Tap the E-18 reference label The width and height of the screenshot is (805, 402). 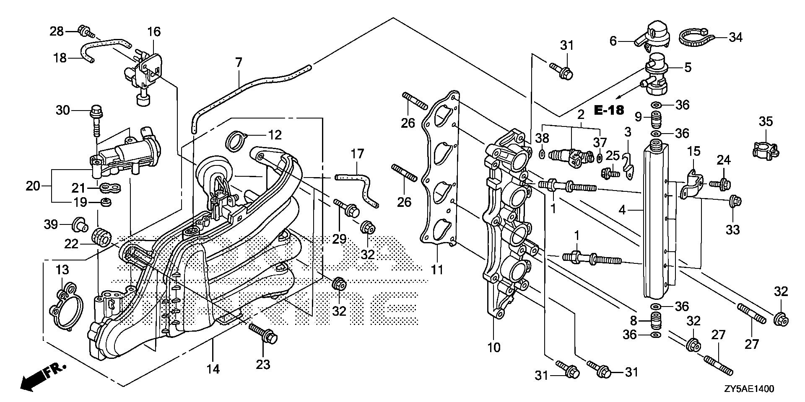click(x=609, y=111)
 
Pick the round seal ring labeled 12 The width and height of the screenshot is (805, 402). click(x=236, y=140)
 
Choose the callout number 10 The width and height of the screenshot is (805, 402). click(x=494, y=348)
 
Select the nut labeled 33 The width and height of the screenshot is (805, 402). click(x=735, y=202)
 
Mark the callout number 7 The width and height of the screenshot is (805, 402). click(x=239, y=64)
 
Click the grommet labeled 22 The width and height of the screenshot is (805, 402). click(x=101, y=237)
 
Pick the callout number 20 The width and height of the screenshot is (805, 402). click(x=33, y=186)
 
